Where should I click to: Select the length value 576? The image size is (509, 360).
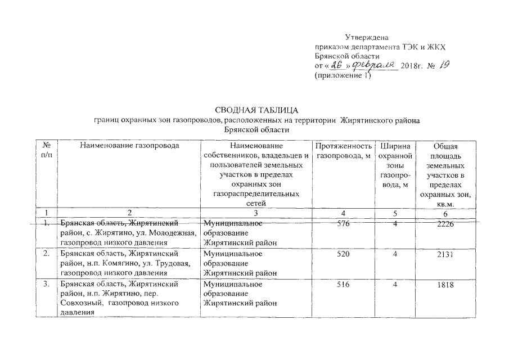coord(341,224)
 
